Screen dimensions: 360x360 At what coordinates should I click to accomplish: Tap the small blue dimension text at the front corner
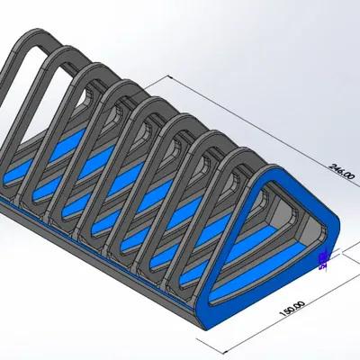[x=324, y=259]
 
